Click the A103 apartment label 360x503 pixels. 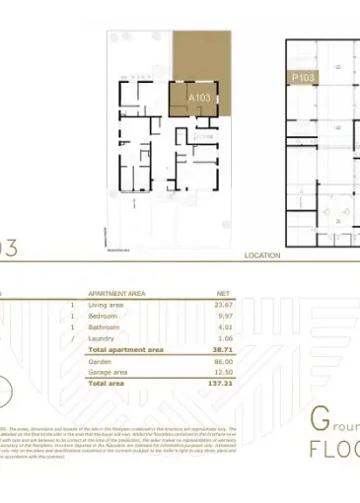coord(199,99)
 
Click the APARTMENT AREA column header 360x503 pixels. coord(117,294)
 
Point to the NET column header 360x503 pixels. coord(223,294)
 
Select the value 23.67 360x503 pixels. coord(222,306)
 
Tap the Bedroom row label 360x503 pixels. coord(104,317)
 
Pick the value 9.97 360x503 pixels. coord(224,317)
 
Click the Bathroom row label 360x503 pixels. coord(106,327)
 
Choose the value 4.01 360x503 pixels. coord(224,327)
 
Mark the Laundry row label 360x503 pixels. coord(103,338)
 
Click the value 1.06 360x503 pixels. coord(224,338)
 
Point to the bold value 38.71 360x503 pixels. coord(222,350)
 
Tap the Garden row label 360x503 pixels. coord(102,362)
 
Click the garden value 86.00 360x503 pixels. coord(222,362)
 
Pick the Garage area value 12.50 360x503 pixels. coord(222,372)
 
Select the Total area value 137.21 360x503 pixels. coord(220,384)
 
